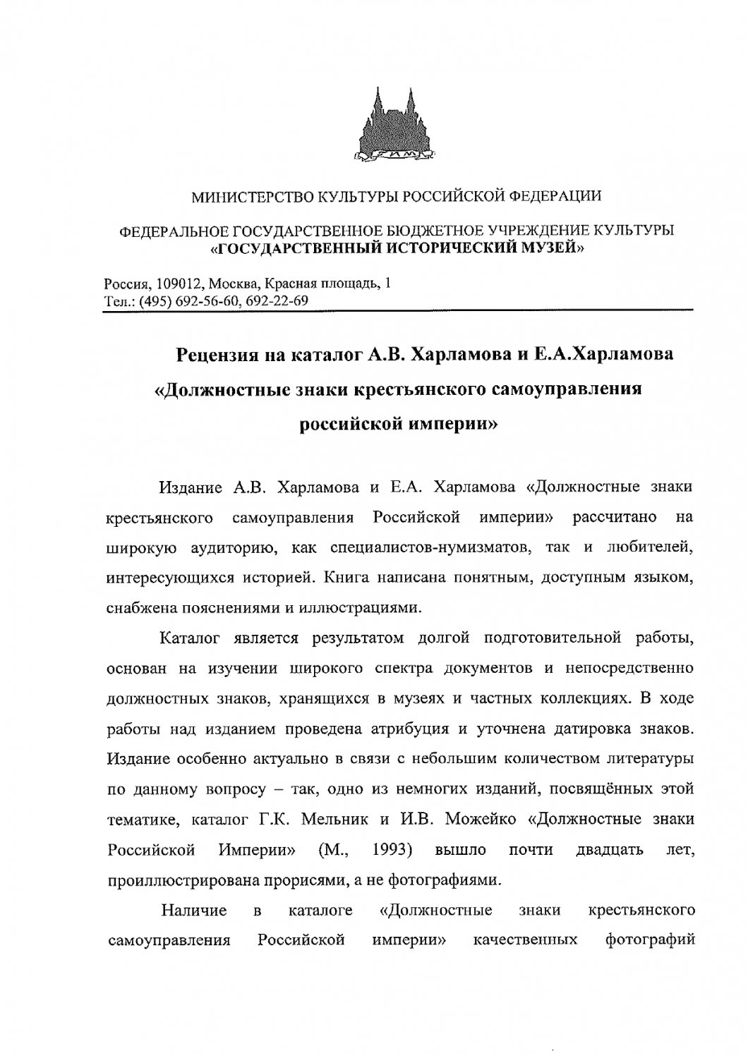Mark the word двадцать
click(609, 849)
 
